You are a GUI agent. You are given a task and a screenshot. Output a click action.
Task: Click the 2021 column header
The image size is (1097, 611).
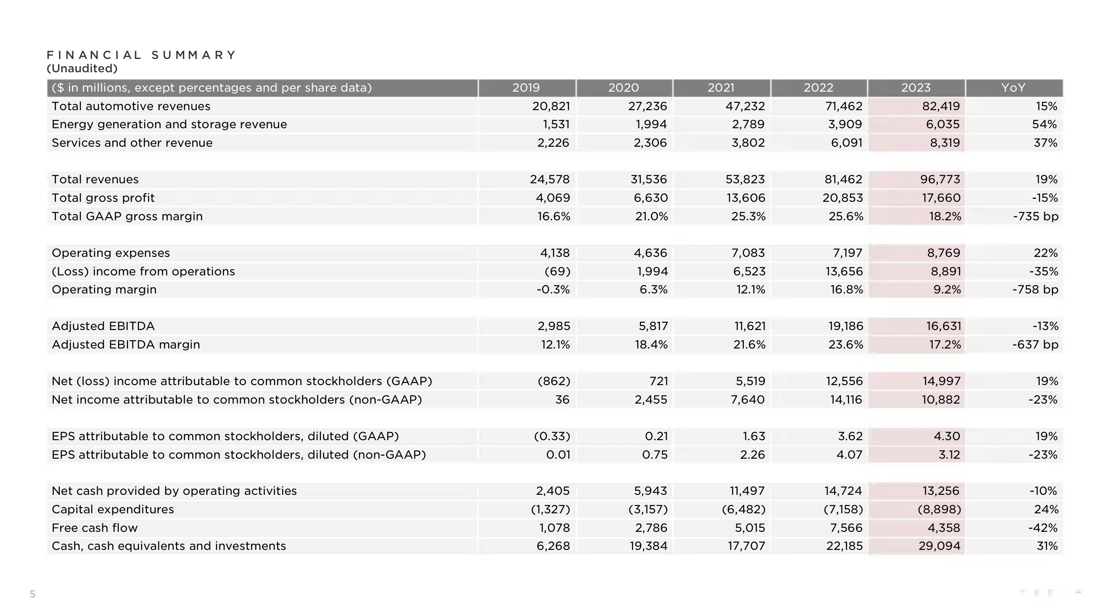click(x=721, y=88)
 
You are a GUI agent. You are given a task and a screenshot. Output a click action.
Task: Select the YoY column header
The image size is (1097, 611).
click(x=1013, y=88)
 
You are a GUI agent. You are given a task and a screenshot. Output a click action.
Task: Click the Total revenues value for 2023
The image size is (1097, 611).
click(x=940, y=179)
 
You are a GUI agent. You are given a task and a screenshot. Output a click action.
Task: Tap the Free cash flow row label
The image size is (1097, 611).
click(x=95, y=528)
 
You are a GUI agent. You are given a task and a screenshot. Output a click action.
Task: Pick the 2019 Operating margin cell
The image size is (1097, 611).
click(x=553, y=290)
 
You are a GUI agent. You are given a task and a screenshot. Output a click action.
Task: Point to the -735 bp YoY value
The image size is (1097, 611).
click(x=1035, y=216)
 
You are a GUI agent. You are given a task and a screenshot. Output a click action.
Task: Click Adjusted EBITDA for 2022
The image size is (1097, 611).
click(x=846, y=326)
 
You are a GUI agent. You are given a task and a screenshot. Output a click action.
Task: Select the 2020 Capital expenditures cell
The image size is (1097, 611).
click(x=648, y=509)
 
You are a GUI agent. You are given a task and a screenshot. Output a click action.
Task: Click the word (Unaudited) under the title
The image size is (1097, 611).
click(x=82, y=68)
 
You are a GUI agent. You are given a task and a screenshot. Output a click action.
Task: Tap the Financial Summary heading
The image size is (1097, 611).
click(x=142, y=55)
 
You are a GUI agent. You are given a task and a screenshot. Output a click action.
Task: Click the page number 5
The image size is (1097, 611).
click(x=32, y=594)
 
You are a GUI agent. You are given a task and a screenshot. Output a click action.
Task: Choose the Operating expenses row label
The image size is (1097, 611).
click(x=111, y=253)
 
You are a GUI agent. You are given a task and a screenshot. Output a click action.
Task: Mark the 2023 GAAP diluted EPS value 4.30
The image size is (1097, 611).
click(x=947, y=436)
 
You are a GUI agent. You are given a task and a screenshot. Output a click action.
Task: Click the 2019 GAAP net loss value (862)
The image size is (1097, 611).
click(x=554, y=381)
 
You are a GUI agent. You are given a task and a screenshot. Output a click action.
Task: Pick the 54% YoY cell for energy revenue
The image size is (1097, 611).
click(x=1045, y=124)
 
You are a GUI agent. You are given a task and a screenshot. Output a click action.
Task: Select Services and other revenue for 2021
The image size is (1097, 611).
click(x=748, y=143)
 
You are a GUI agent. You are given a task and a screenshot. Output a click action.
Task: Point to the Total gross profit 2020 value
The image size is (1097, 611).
click(x=651, y=198)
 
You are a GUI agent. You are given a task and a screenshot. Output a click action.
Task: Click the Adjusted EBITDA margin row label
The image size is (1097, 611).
click(x=126, y=345)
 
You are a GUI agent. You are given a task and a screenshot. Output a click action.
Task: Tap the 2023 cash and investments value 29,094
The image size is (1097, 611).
click(x=940, y=546)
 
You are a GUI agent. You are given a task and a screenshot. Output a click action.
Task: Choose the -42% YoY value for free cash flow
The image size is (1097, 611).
click(x=1043, y=528)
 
